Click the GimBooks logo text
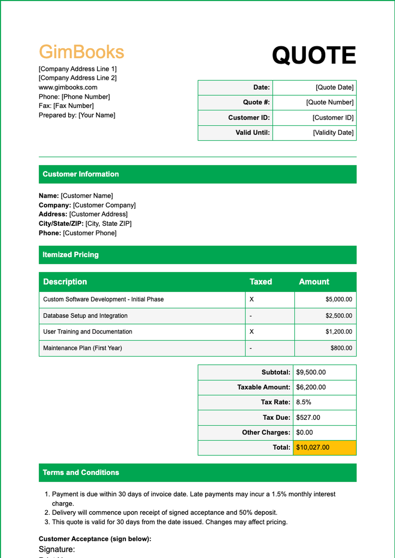81,52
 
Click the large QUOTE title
314,55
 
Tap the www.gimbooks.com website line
68,87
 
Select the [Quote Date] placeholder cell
334,87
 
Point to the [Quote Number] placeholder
329,102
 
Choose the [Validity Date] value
333,133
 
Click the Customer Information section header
81,174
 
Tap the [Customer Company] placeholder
104,205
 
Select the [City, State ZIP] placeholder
108,224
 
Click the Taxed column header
260,282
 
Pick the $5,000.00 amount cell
338,300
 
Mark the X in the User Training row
251,332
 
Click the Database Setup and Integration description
85,316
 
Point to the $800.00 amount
341,348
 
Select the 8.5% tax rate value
303,402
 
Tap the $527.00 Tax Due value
308,418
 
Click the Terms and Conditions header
81,473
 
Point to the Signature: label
57,549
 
